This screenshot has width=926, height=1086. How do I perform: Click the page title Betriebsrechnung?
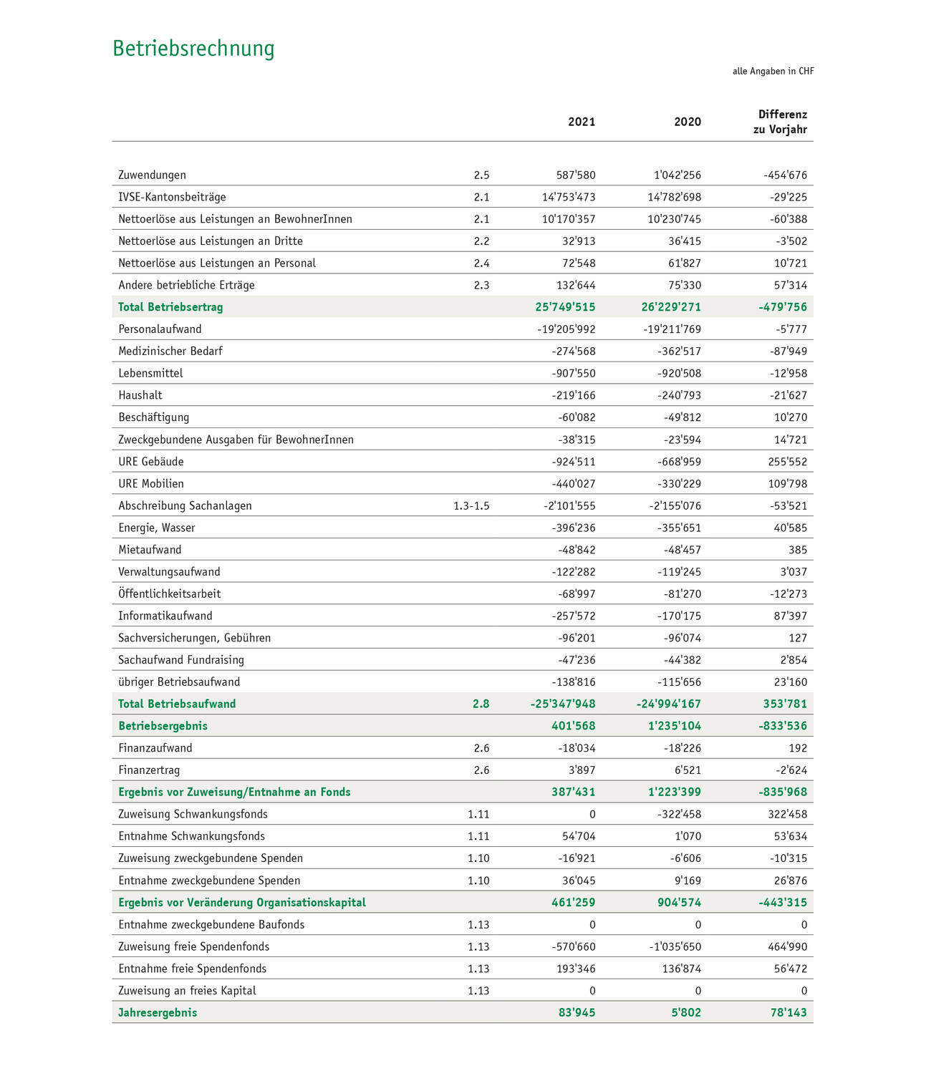click(193, 49)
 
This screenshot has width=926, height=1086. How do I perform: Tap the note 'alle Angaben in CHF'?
click(773, 72)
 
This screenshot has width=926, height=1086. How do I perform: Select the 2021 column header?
click(582, 122)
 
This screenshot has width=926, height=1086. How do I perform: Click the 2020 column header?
click(688, 122)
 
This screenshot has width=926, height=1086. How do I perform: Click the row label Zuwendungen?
click(153, 175)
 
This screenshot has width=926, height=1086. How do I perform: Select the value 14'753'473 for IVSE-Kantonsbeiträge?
click(569, 198)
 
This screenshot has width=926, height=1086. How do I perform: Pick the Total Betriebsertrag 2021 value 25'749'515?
click(565, 308)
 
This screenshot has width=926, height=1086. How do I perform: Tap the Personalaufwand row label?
click(160, 329)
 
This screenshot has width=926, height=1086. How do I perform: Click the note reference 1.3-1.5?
click(471, 506)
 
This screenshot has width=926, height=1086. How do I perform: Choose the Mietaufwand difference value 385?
click(798, 550)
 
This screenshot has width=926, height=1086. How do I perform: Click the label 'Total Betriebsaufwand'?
click(177, 704)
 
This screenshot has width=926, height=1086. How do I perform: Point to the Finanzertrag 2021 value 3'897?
click(581, 770)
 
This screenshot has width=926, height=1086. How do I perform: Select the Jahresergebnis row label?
click(158, 1013)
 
